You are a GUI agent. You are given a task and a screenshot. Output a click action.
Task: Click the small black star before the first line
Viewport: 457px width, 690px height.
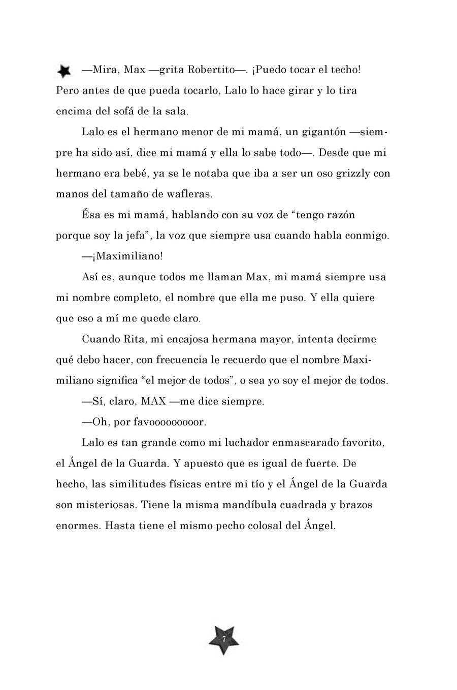(x=63, y=72)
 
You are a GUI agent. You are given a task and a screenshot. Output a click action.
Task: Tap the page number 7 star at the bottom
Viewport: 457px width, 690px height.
(x=223, y=637)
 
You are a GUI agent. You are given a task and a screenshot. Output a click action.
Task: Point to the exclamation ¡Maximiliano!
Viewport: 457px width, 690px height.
(x=122, y=256)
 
